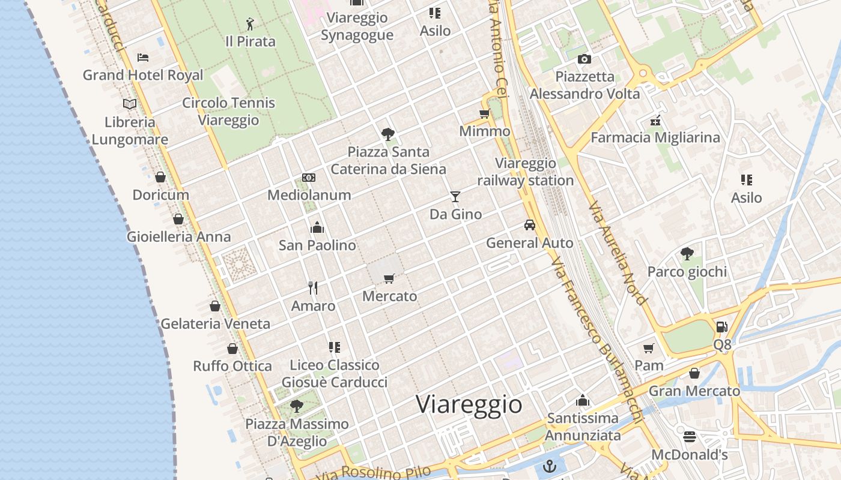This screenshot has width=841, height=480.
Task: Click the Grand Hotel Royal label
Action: (143, 75)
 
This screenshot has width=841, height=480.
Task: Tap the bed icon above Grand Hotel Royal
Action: (143, 58)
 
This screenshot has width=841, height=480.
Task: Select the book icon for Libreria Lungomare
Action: (130, 104)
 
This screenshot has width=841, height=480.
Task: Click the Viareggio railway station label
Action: (526, 172)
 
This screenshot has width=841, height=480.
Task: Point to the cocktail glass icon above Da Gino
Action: (455, 196)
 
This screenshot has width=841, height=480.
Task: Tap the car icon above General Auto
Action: (529, 225)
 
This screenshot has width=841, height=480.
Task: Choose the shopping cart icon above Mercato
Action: (389, 278)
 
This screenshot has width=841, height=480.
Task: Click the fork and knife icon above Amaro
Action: (313, 288)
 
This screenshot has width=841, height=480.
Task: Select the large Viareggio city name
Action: (469, 404)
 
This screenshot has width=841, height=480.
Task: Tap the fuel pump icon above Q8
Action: (722, 327)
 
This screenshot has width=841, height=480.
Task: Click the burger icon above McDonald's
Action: (690, 437)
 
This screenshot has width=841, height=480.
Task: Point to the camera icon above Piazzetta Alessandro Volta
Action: (584, 59)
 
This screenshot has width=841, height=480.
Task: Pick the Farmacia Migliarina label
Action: (655, 137)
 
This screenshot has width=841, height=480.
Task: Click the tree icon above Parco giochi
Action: (687, 254)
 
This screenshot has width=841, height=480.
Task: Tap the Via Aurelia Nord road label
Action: (618, 253)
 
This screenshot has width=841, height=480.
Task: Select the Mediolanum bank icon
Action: (309, 178)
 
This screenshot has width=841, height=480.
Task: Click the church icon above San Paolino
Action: (317, 227)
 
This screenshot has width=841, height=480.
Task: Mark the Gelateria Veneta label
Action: (215, 323)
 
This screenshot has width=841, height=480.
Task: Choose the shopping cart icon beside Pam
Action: (649, 348)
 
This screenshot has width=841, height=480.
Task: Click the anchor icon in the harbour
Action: (549, 466)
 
